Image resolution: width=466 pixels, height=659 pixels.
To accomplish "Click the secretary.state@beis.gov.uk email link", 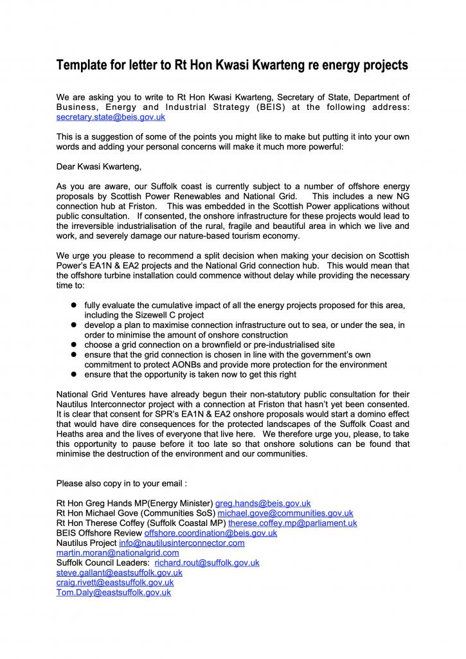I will (111, 118).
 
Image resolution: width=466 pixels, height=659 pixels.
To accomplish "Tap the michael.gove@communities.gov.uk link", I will (285, 513).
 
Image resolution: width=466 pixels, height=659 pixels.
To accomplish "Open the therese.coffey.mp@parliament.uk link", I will (292, 523).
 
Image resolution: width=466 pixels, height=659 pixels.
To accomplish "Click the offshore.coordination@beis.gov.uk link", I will (211, 533).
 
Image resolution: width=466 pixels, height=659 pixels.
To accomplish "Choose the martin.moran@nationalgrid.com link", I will (118, 553).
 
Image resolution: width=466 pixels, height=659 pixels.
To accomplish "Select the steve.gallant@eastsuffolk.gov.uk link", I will (119, 573).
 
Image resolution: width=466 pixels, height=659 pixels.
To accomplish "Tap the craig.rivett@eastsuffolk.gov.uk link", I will (115, 582).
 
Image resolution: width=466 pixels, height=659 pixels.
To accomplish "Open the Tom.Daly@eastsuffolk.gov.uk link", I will (114, 593).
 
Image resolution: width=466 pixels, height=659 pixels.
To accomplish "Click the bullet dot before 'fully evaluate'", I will (74, 305).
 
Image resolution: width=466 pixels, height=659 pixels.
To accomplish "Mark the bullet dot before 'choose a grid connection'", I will (74, 345).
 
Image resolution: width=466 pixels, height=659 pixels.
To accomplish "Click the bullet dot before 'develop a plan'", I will (74, 325).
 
